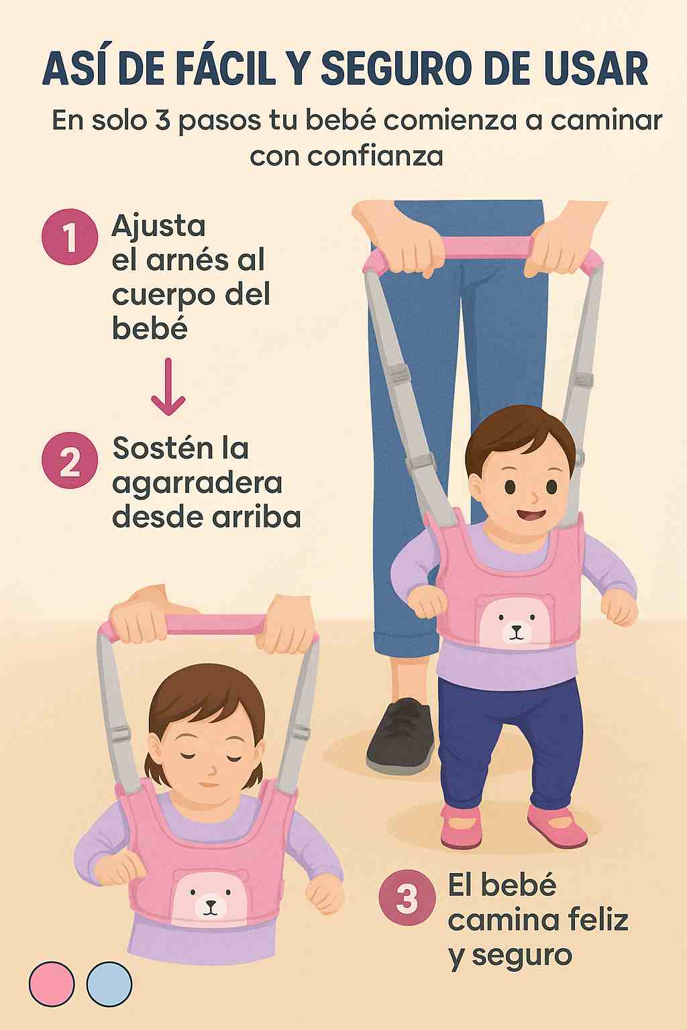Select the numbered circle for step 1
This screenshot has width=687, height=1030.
click(70, 237)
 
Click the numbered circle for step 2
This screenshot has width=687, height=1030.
click(70, 460)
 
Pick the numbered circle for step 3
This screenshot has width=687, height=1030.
click(407, 898)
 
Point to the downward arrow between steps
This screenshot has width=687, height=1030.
click(168, 387)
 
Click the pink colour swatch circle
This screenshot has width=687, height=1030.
click(52, 984)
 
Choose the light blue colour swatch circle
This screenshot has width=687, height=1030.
click(109, 984)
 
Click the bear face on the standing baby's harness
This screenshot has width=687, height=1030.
click(515, 621)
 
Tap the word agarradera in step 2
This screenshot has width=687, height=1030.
click(197, 483)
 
